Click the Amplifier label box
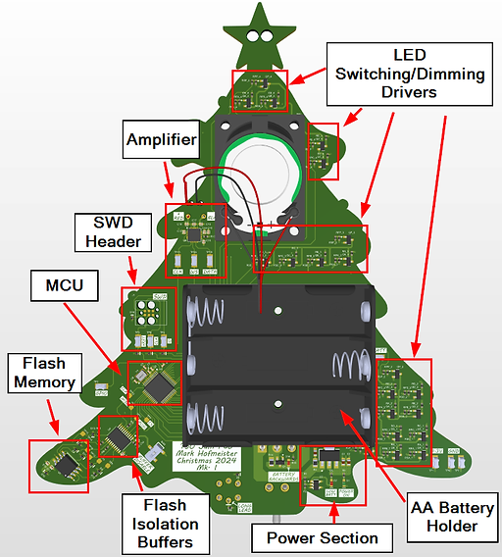coord(162,140)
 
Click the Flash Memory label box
coord(42,374)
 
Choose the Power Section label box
coord(322,537)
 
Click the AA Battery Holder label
coord(444,516)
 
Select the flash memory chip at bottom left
coord(67,462)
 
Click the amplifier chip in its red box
coord(195,236)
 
